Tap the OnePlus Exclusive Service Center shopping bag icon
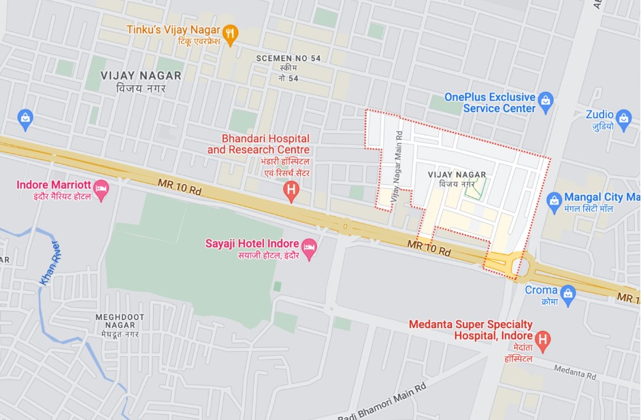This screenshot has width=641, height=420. click(x=545, y=103)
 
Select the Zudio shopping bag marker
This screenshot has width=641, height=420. click(x=623, y=120)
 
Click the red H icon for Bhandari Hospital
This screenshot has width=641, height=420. click(x=292, y=191)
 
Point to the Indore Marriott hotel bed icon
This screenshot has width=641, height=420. click(x=101, y=190)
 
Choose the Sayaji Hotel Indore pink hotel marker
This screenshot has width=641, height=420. click(x=310, y=248)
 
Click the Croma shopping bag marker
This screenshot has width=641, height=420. click(x=568, y=294)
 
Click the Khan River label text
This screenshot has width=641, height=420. click(x=50, y=263)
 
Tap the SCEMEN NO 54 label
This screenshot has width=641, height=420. click(x=288, y=58)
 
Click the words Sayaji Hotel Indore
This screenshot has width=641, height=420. click(x=251, y=243)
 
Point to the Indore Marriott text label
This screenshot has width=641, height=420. click(x=53, y=184)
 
